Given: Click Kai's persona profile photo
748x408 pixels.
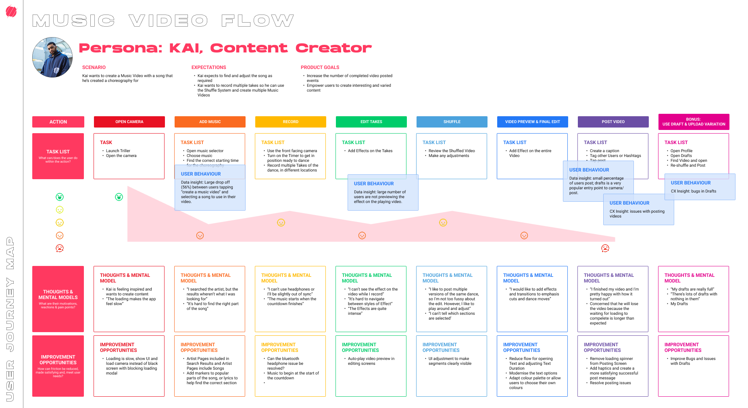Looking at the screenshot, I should coord(52,57).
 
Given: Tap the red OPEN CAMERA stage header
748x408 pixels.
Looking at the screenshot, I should coord(129,122).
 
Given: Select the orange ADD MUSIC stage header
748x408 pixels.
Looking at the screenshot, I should coord(210,122).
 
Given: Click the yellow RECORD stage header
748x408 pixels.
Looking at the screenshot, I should coord(290,122).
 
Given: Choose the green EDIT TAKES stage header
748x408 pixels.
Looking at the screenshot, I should coord(371,122).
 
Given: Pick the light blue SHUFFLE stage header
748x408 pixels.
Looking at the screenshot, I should coord(452,122).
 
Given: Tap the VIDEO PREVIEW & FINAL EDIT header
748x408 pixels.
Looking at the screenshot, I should coord(532,122).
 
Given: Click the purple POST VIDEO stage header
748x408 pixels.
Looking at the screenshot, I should coord(613,122).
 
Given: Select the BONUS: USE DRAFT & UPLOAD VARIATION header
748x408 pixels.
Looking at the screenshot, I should coord(694,122).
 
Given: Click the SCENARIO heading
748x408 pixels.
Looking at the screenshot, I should coord(94,67).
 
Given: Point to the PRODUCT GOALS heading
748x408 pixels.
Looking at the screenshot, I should coord(320,67).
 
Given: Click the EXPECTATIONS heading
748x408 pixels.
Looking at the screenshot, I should coord(208,67).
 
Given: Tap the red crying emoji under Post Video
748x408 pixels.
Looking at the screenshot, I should coord(605,249).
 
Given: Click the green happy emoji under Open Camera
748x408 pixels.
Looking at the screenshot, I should coord(119,197).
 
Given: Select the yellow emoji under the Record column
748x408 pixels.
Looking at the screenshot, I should coord(281,222).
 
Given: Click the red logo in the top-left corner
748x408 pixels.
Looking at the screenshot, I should coord(11,12).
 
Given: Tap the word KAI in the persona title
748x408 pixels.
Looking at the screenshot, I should coord(186,48).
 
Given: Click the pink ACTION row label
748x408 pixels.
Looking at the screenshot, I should coord(58,122).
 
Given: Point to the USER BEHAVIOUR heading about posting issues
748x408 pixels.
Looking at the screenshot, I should coord(629,203).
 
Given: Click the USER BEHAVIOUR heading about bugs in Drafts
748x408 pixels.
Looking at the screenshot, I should coord(690,183).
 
